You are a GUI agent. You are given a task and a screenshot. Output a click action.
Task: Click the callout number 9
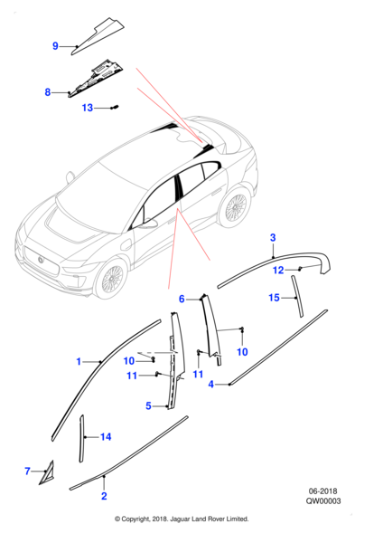coord(55,46)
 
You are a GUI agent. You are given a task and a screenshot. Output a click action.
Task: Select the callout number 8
coord(48,92)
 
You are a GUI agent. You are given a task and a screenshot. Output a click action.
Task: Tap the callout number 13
coord(88,108)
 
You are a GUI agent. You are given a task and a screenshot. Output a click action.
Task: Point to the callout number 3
coord(273,238)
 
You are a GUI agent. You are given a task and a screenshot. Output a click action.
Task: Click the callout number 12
coord(278,270)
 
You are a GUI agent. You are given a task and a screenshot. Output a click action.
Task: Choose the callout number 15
coord(274,298)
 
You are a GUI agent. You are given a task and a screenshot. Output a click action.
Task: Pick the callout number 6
coord(182,299)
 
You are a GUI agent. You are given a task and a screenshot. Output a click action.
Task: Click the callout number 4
coord(211,385)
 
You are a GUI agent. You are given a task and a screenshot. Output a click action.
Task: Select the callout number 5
coord(148,405)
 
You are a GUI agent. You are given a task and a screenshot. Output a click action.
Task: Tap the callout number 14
coord(106,437)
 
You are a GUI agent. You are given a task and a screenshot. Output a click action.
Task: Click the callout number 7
coord(28,472)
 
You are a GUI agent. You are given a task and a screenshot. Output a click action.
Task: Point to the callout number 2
coord(104,496)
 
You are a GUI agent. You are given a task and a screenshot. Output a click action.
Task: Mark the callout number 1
coord(79,362)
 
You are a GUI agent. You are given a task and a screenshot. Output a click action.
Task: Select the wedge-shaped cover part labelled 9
coord(98,37)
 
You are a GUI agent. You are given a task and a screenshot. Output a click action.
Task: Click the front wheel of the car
coord(111,278)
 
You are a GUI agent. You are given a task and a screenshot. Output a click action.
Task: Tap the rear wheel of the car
coord(236,208)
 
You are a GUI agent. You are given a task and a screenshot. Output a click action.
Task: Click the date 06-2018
coord(322,491)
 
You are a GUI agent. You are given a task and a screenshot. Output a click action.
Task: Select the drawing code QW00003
coord(322,501)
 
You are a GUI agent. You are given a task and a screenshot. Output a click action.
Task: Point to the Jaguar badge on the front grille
coord(41,260)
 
